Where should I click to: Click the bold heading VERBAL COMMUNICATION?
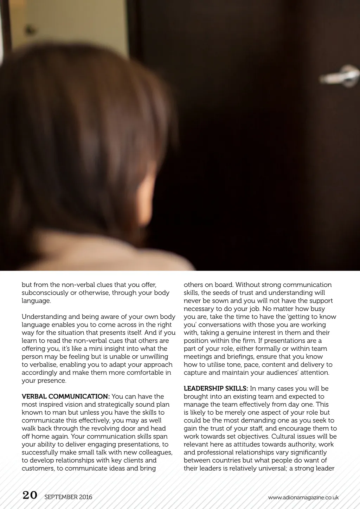pos(66,396)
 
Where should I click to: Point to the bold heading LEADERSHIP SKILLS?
pos(216,388)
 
